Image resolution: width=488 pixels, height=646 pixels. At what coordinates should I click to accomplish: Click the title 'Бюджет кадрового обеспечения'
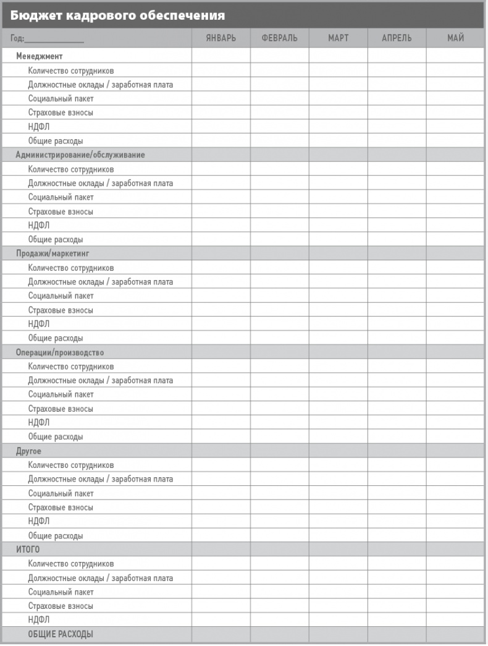pos(117,15)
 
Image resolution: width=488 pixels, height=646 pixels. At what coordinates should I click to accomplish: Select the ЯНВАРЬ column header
pos(221,38)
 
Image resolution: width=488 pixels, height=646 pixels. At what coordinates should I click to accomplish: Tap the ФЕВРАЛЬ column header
pos(279,38)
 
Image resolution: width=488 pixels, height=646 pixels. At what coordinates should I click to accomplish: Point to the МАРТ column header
pos(338,38)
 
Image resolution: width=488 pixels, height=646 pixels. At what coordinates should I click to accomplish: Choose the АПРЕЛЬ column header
pos(397,38)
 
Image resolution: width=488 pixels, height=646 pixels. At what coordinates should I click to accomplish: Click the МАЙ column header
pos(455,38)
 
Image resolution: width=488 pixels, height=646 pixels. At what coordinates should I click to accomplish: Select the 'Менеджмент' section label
pos(40,56)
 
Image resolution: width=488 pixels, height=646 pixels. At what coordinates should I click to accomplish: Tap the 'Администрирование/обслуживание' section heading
pos(80,155)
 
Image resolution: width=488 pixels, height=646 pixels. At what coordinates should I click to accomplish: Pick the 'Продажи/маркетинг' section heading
pos(53,253)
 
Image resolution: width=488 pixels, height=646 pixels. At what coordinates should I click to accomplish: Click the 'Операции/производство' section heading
pos(60,352)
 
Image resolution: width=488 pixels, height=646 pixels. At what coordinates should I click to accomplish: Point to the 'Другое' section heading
pos(29,451)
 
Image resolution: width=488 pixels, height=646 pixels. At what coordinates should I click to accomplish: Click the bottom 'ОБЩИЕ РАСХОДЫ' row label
pos(61,634)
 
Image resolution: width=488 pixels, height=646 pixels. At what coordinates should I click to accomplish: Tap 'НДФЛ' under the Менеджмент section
pos(39,127)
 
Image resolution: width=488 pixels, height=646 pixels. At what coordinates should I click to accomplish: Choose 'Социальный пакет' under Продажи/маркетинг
pos(61,295)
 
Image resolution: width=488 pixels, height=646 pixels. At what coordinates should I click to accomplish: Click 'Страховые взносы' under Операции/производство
pos(61,409)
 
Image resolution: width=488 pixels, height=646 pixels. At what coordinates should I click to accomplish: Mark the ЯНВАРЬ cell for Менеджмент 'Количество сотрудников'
pos(221,70)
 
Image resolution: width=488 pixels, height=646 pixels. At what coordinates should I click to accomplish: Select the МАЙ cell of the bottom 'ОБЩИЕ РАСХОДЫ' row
pos(455,634)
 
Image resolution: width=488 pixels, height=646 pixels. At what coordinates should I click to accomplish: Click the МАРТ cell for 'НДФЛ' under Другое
pos(338,521)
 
